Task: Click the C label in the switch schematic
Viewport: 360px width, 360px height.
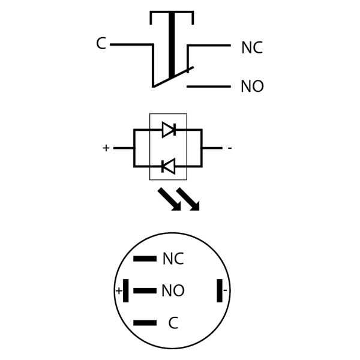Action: point(101,44)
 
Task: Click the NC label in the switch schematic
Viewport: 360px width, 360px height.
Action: point(252,48)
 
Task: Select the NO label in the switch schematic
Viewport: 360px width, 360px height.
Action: point(252,87)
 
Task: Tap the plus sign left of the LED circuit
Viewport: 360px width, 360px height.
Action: point(106,148)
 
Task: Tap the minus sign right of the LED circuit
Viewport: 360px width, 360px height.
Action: point(230,148)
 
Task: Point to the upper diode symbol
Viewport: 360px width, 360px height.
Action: point(169,129)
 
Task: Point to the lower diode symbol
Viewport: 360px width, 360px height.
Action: point(169,166)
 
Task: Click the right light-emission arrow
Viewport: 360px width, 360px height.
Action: point(188,200)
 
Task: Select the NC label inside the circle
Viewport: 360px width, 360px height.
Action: point(173,259)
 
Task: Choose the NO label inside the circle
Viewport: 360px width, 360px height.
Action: point(173,292)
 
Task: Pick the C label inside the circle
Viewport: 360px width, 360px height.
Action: point(173,323)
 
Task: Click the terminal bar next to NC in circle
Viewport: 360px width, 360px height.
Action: point(145,259)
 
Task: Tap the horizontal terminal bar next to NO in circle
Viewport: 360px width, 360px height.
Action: point(145,291)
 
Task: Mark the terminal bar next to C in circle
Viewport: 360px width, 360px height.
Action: point(145,323)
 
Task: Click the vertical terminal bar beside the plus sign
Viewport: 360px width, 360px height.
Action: point(126,291)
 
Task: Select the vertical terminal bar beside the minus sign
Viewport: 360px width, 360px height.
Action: point(220,291)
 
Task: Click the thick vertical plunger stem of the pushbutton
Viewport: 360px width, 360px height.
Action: point(172,45)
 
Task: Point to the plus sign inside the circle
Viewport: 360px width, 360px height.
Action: point(119,292)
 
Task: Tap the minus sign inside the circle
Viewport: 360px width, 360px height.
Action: point(226,292)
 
